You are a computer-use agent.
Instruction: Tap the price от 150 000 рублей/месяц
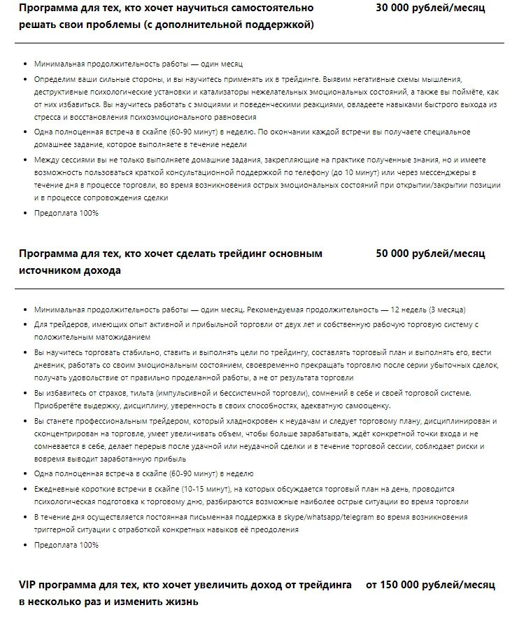click(x=430, y=584)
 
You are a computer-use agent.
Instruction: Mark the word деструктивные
click(x=62, y=92)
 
